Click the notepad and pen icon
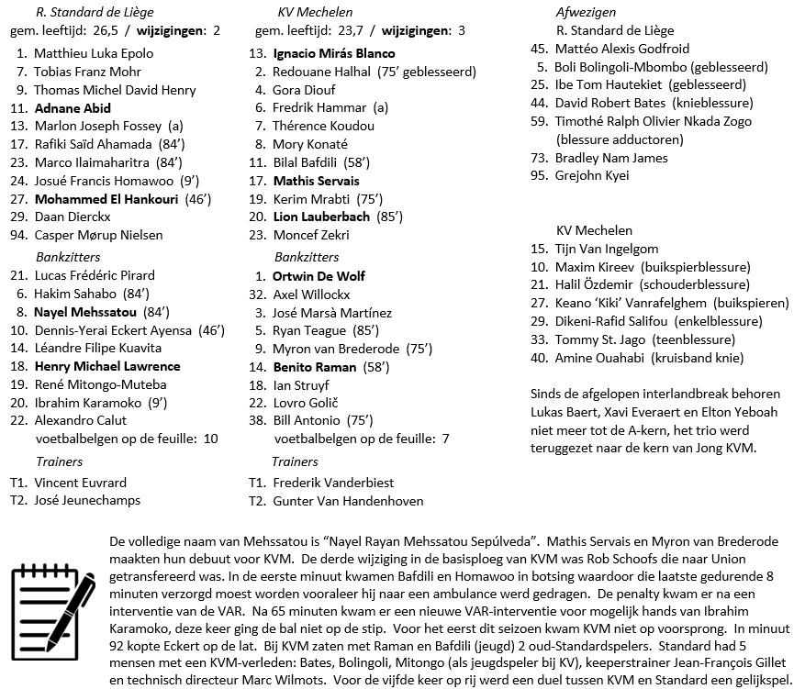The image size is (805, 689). tap(52, 600)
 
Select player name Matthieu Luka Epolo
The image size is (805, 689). tap(94, 53)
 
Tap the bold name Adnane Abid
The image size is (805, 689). tap(73, 108)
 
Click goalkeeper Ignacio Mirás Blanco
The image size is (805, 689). tap(334, 53)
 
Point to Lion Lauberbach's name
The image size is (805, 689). tap(321, 217)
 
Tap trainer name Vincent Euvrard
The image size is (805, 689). tap(80, 483)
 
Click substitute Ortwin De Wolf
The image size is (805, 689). tap(319, 276)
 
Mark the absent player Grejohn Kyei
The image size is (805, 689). tap(592, 176)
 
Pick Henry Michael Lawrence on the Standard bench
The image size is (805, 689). tap(106, 367)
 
